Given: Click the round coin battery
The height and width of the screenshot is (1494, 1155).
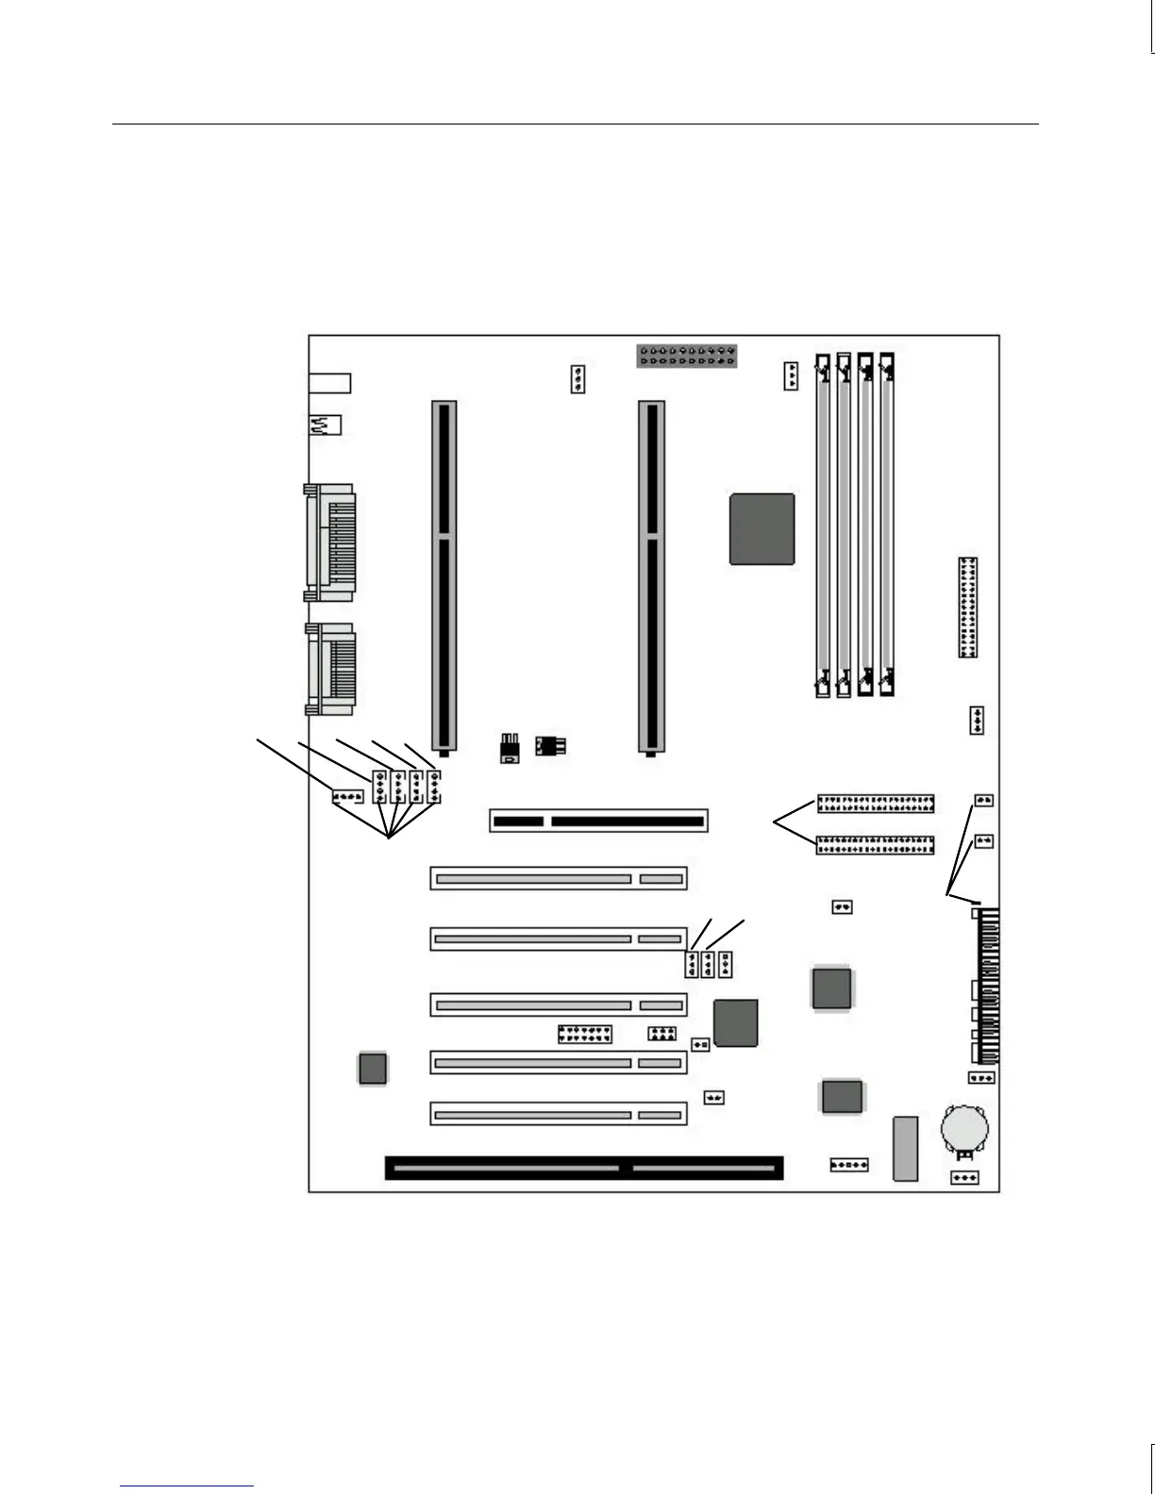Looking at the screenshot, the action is tap(964, 1128).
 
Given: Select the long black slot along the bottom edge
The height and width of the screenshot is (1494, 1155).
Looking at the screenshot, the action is tap(583, 1168).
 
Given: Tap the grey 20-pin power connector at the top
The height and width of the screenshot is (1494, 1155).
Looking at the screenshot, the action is tap(686, 356).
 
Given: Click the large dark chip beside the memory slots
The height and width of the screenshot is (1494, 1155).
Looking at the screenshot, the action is tap(762, 529).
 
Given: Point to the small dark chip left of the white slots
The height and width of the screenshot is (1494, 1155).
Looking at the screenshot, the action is tap(373, 1068).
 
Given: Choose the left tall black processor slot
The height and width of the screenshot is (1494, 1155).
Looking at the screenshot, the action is tap(444, 575).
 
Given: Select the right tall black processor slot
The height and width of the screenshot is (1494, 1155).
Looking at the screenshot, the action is tap(650, 575).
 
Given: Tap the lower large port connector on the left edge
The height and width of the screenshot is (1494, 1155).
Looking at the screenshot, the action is tap(329, 669).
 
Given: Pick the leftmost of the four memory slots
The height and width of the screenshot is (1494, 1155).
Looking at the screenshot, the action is tap(823, 524).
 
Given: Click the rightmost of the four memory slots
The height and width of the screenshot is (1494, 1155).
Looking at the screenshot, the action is tap(887, 524).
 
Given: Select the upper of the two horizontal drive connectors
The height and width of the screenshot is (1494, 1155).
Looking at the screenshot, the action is tap(875, 804).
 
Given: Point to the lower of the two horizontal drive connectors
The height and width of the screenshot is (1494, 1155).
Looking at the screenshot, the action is tap(875, 844).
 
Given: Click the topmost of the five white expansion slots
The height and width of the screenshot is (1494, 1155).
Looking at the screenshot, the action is tap(559, 879).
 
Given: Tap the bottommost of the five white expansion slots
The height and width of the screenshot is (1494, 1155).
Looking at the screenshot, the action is tap(559, 1114).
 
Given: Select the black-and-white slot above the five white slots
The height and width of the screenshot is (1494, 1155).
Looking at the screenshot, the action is tap(598, 821).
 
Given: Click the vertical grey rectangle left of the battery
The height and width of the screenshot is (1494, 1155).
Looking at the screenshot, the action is tap(905, 1148).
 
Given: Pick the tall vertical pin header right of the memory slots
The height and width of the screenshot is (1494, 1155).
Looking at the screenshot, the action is tap(968, 606).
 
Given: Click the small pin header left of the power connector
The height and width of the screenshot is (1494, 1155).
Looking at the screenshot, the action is tap(577, 379).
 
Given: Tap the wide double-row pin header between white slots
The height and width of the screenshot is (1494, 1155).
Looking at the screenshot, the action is tap(585, 1034).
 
